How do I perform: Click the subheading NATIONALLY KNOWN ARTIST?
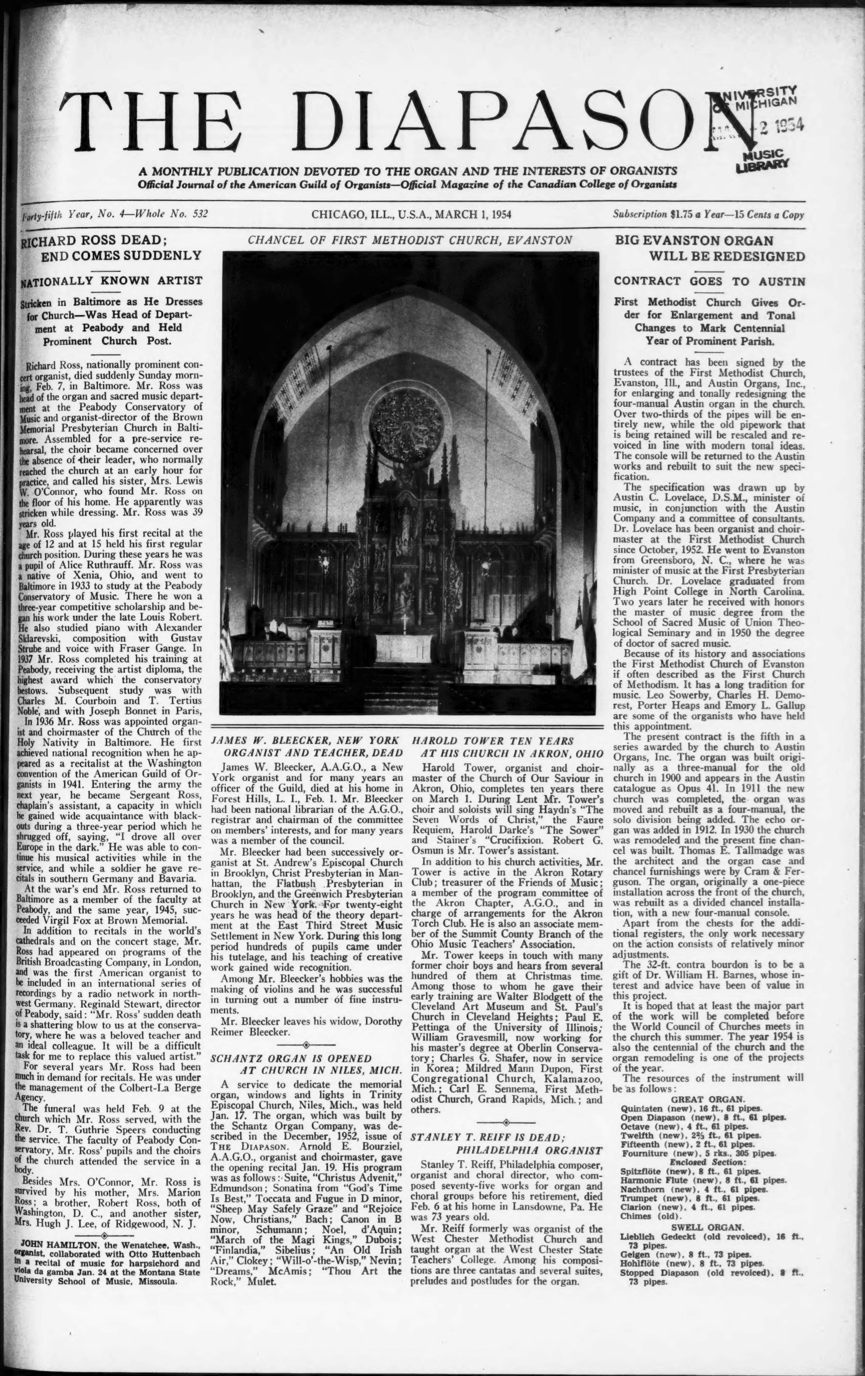click(x=111, y=281)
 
